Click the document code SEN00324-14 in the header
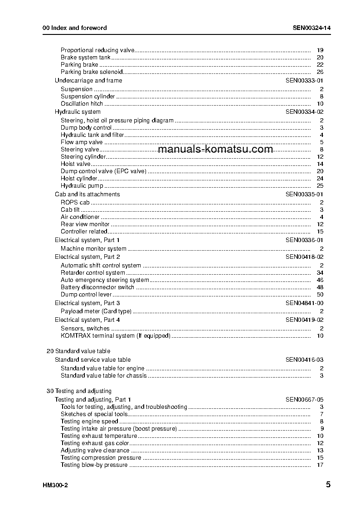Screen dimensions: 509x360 (x=311, y=28)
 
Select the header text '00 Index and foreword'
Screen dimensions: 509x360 (x=75, y=28)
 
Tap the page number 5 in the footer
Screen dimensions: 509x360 (x=328, y=485)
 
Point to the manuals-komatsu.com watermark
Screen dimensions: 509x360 (x=216, y=149)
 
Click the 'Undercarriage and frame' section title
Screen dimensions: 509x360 (x=88, y=80)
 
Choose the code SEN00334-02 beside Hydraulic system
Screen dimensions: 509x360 (x=304, y=111)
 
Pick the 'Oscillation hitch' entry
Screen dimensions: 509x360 (x=82, y=103)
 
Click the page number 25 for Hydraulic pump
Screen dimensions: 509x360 (x=320, y=185)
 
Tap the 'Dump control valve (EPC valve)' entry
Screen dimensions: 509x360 (x=104, y=171)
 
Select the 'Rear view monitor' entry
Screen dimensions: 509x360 (x=85, y=224)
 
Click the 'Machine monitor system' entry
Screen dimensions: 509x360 (x=93, y=248)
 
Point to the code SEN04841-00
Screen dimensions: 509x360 (x=304, y=303)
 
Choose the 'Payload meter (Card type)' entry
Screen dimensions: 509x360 (x=96, y=311)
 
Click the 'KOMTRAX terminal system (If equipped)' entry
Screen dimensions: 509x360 (x=116, y=335)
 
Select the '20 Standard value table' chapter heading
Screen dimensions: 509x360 (x=78, y=351)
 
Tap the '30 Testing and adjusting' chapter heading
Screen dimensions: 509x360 (x=79, y=391)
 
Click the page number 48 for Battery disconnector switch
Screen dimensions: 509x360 (x=320, y=287)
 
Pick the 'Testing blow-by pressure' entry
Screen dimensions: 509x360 (x=94, y=465)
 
